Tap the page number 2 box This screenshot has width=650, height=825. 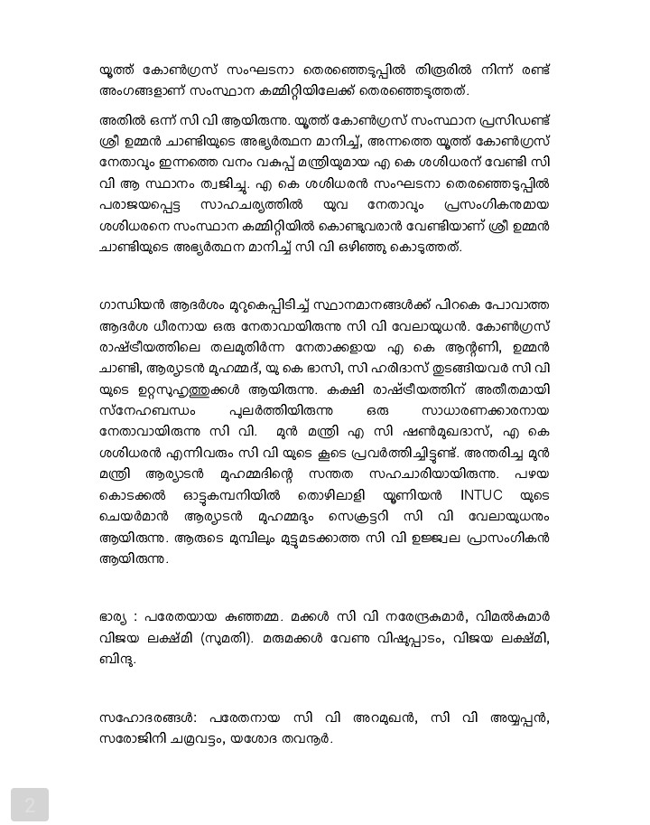tap(30, 804)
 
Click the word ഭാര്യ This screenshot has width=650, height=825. tap(116, 617)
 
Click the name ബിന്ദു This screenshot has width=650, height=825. tap(117, 660)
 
